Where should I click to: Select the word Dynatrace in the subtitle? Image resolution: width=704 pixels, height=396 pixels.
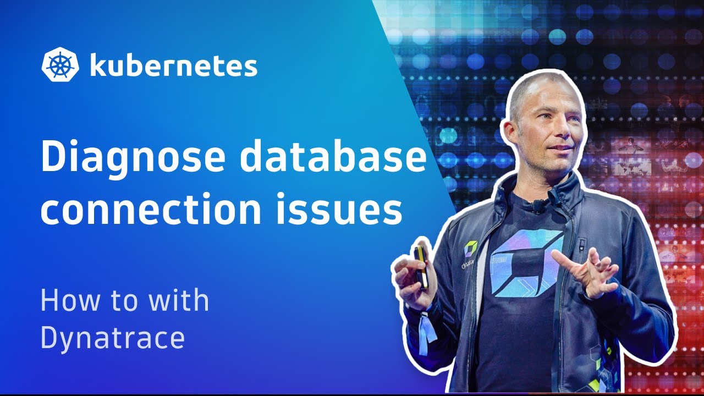click(x=112, y=338)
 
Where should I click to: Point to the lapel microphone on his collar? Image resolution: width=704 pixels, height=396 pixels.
click(x=536, y=207)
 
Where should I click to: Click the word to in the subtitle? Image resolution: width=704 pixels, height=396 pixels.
click(x=122, y=301)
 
